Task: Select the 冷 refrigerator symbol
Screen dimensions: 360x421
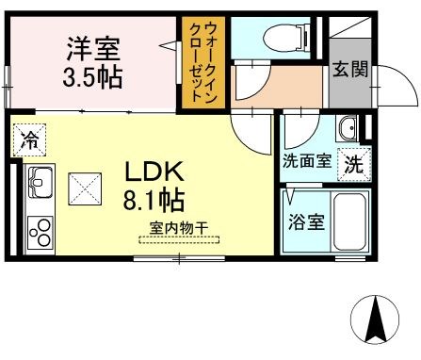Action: [x=28, y=140]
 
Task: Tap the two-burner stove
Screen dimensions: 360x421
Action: [x=40, y=230]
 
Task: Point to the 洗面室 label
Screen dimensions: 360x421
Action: [x=306, y=160]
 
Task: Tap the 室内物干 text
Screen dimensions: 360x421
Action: [x=179, y=226]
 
